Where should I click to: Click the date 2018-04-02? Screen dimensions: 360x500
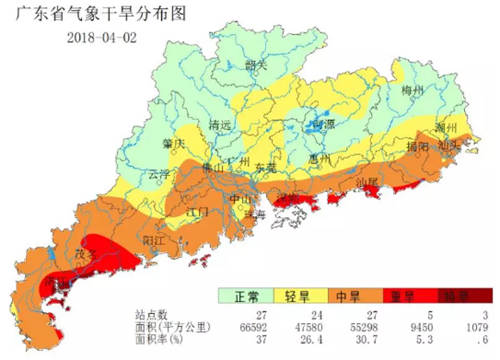[x=102, y=37]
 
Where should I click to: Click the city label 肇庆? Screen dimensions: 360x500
[x=174, y=144]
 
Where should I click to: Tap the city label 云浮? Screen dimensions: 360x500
[x=160, y=173]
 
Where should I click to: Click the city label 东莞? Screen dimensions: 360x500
[x=265, y=167]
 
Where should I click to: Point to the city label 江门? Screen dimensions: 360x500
[x=198, y=212]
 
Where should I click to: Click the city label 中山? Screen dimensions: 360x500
[x=240, y=198]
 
